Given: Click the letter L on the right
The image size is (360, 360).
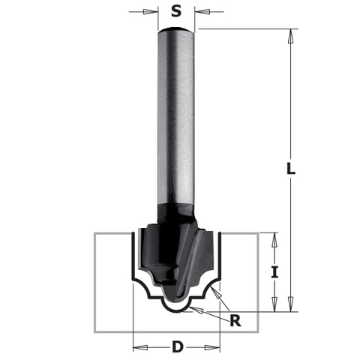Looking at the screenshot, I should [291, 169].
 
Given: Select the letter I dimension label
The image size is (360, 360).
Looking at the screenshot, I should [274, 272].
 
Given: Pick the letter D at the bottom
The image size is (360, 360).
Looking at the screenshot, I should [177, 346].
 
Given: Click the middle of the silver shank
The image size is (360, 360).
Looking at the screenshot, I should [177, 120].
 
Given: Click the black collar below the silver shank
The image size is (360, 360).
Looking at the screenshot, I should [177, 210].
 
